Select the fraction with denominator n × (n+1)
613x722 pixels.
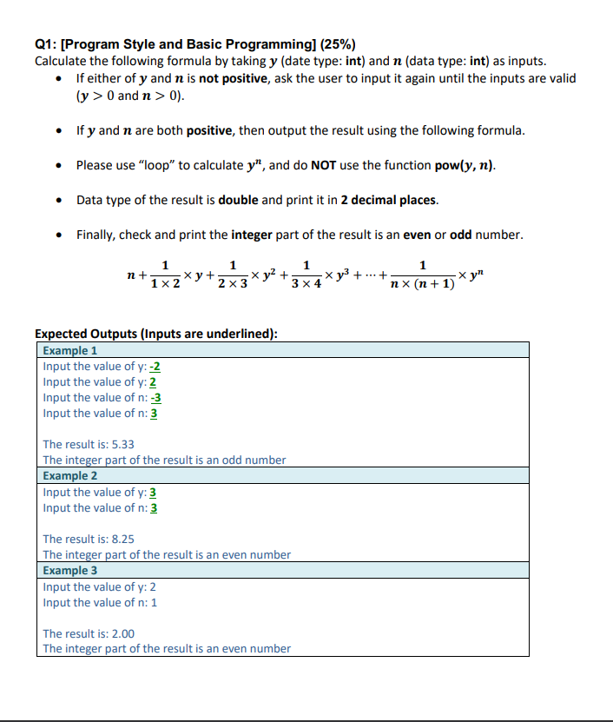422,275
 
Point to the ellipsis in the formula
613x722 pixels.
372,275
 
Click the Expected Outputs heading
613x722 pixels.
155,334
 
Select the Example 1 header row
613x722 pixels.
281,350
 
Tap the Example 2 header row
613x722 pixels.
281,475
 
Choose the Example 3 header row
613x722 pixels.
281,570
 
